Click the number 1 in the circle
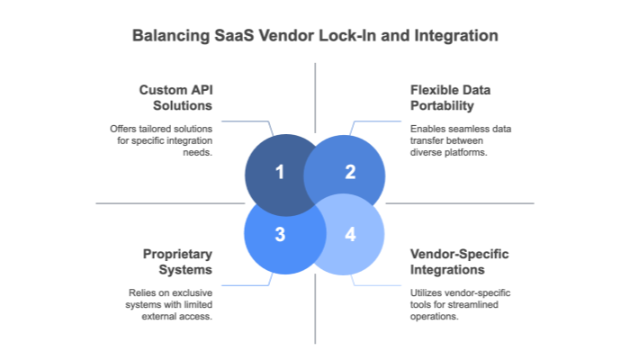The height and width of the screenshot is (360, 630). click(x=279, y=171)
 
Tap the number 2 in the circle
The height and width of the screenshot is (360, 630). click(x=350, y=171)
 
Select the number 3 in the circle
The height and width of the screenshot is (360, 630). click(x=279, y=235)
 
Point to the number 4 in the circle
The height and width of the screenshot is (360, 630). click(x=350, y=235)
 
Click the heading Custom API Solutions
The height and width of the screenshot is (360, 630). click(x=175, y=97)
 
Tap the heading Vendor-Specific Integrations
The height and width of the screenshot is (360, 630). click(x=459, y=261)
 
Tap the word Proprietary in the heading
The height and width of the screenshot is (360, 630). click(x=175, y=254)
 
